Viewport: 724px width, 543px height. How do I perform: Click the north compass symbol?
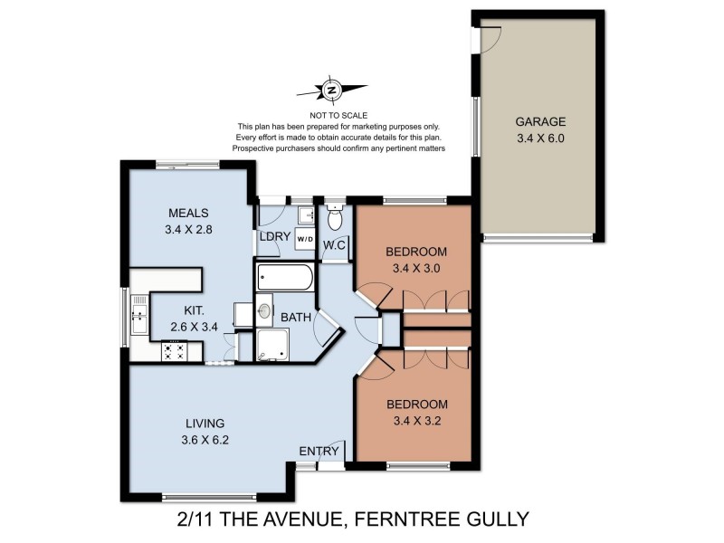(x=332, y=90)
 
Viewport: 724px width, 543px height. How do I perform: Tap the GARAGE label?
(x=540, y=122)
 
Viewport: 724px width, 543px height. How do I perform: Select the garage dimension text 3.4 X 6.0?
(x=540, y=138)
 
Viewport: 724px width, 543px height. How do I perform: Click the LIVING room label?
(x=205, y=423)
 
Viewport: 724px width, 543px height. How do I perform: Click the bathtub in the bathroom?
(x=284, y=276)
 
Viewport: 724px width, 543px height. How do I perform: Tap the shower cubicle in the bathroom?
(x=271, y=344)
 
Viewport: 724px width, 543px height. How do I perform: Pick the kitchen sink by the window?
(x=138, y=315)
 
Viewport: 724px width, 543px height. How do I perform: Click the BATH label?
(x=296, y=318)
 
